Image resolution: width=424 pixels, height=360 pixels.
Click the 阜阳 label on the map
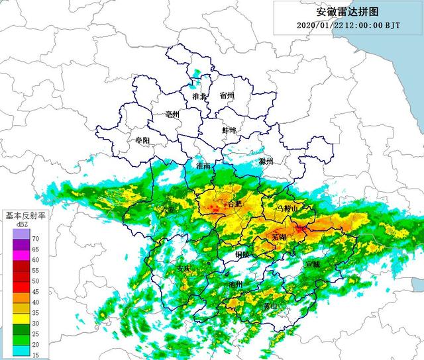click(x=142, y=140)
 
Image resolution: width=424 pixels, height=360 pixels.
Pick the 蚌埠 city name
click(x=230, y=130)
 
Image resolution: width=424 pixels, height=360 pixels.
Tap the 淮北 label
click(x=199, y=97)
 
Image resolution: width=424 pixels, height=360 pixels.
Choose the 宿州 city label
click(x=227, y=96)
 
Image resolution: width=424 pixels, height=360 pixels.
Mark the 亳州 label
click(x=173, y=114)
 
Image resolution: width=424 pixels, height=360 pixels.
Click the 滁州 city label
click(x=266, y=161)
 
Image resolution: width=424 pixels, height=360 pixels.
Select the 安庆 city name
click(x=184, y=269)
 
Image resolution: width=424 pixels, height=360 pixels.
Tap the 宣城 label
click(x=312, y=263)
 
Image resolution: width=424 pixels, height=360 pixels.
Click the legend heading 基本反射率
click(x=25, y=216)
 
